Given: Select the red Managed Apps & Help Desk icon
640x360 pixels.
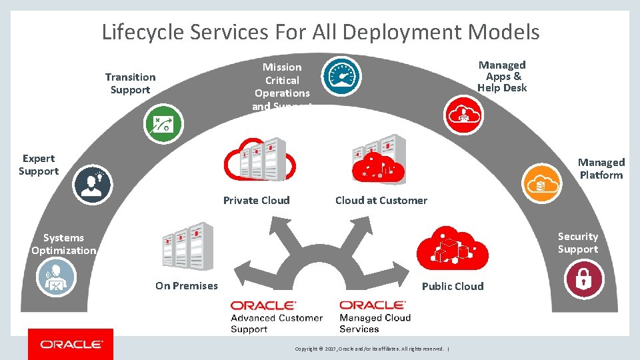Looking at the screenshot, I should pos(464,113).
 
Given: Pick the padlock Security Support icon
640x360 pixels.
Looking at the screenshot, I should pos(583,278).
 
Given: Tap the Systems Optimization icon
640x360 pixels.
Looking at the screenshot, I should pos(57,277).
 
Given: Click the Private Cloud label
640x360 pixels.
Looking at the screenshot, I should pos(256,201).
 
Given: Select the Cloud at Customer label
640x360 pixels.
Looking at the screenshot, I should pos(381,201).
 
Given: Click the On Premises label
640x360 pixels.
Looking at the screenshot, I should pos(186,286).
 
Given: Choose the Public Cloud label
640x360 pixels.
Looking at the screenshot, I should pos(453,287).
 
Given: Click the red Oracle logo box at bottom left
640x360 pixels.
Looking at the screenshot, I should pos(71,344).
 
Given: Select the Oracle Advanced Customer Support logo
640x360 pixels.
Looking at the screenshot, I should pos(276,317).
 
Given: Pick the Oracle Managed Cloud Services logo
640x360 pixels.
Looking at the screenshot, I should pos(375,317).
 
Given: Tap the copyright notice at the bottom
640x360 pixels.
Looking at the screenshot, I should pos(371,349).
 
